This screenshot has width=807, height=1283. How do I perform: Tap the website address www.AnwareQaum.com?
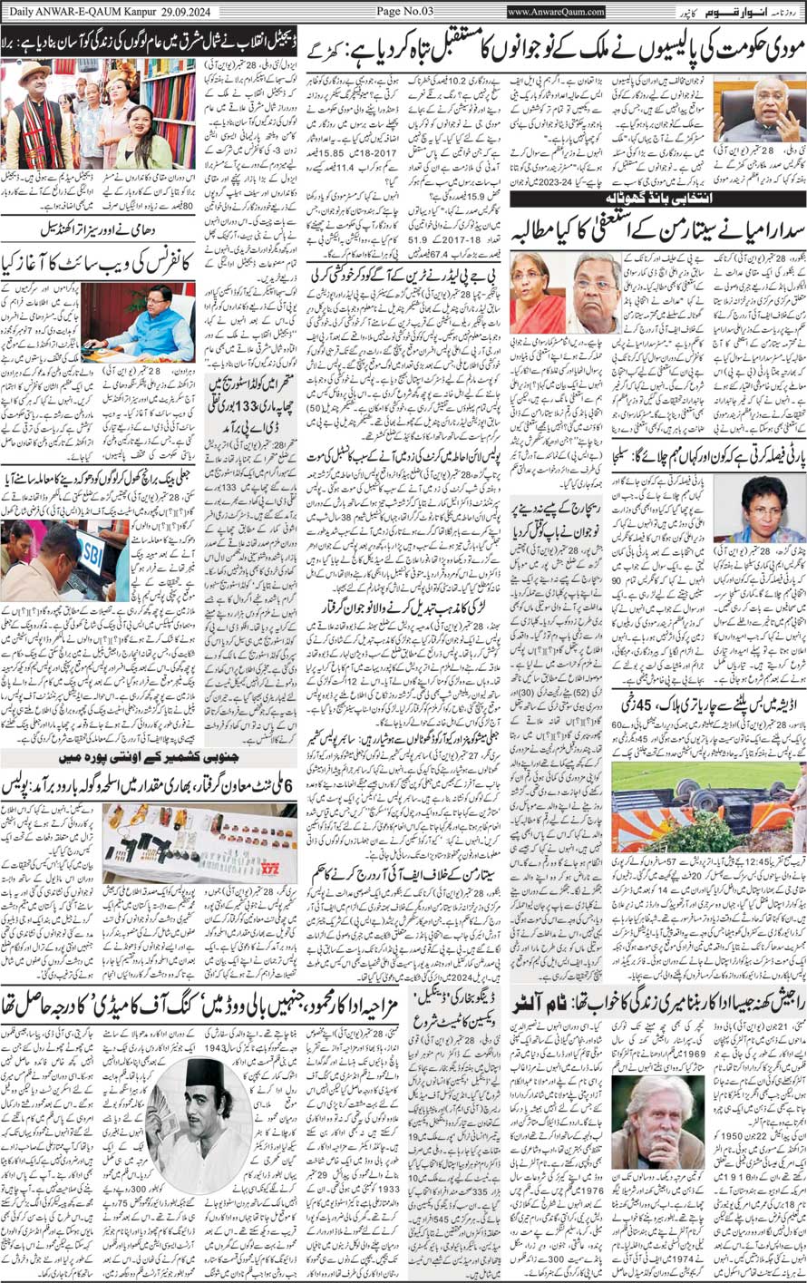(556, 11)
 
